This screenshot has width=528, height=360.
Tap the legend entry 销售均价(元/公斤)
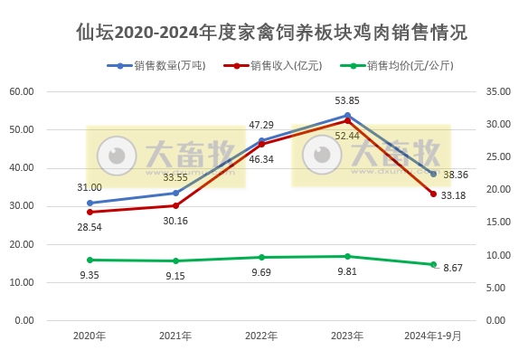(x=410, y=66)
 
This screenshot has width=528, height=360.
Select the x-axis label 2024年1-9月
(x=433, y=336)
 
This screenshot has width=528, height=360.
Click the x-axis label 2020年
(x=90, y=336)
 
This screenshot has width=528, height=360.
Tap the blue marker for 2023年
(x=347, y=115)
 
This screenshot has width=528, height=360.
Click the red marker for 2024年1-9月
(x=433, y=194)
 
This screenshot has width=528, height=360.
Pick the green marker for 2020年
(x=90, y=260)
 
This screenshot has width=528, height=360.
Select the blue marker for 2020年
(x=90, y=203)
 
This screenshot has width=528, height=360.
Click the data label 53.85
(x=347, y=100)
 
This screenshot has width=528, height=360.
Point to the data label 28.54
(x=90, y=227)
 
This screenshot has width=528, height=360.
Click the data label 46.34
(x=261, y=158)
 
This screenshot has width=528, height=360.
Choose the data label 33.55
(x=175, y=177)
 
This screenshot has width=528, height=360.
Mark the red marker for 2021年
(x=175, y=205)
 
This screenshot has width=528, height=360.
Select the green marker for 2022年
(x=261, y=257)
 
